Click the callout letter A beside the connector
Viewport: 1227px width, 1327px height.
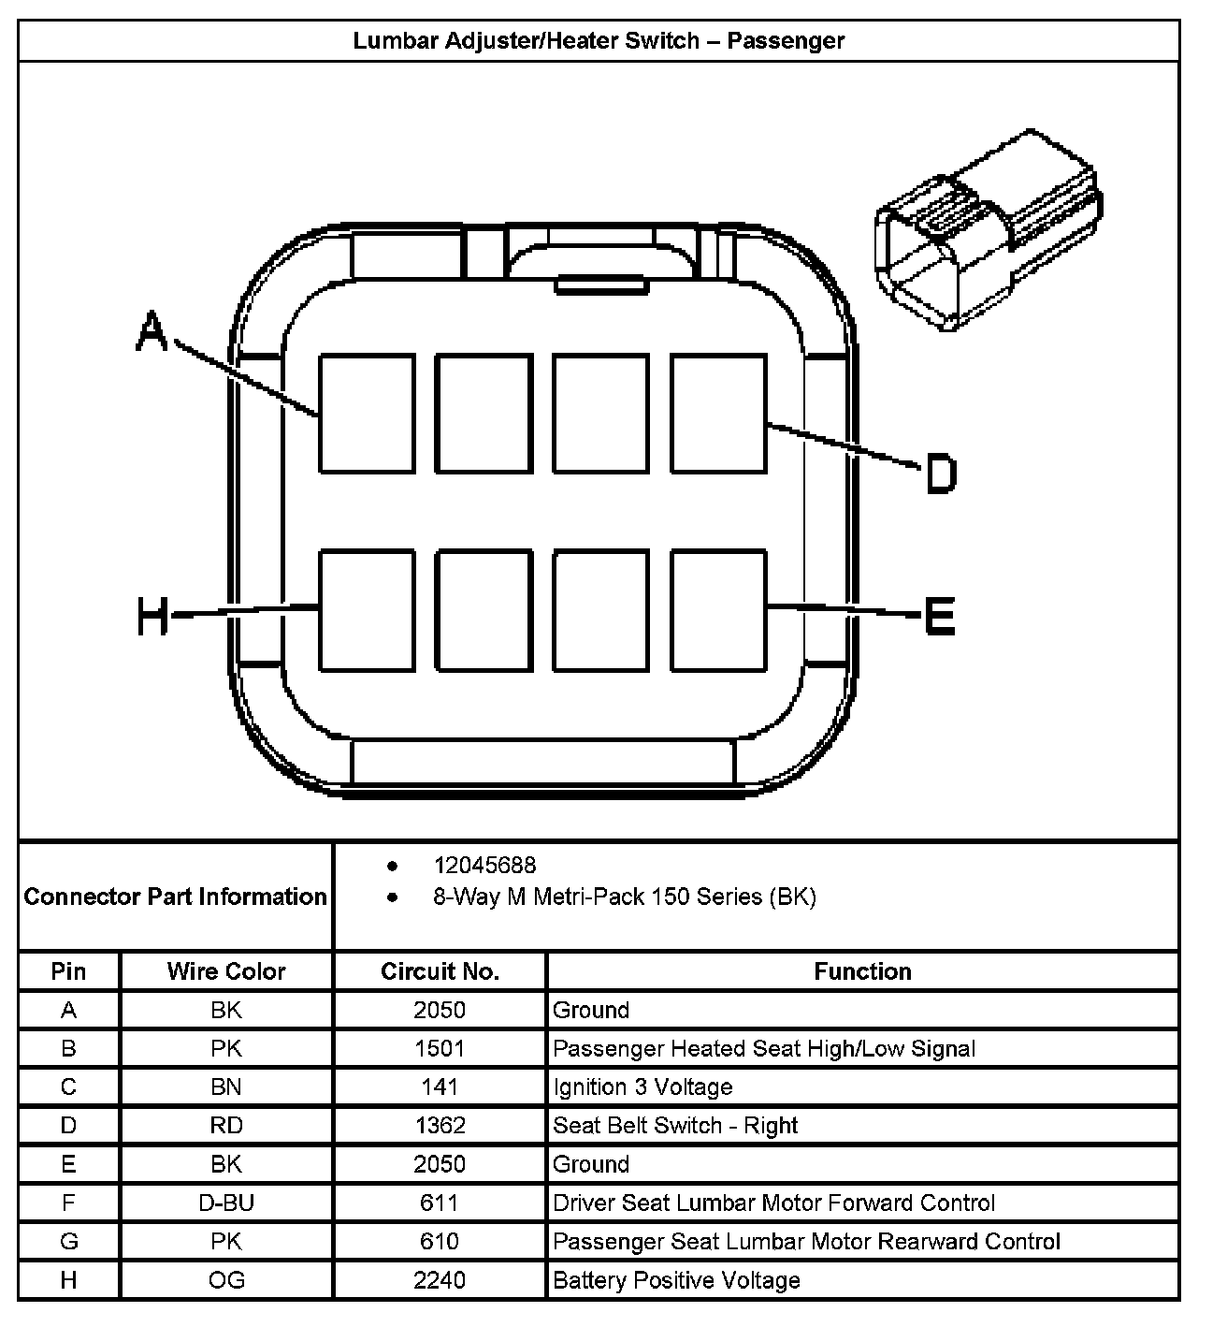coord(152,332)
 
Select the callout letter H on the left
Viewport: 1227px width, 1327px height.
coord(152,617)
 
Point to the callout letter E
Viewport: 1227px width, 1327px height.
coord(938,617)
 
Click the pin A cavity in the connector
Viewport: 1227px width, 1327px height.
coord(367,413)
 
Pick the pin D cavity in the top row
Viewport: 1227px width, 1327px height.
coord(718,413)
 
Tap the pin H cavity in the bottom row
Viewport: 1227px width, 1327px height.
coord(367,610)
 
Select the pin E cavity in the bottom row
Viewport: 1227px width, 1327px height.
coord(718,610)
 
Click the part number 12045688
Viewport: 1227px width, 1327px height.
coord(484,866)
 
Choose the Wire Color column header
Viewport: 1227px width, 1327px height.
coord(226,971)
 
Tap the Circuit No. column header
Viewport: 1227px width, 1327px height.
coord(440,971)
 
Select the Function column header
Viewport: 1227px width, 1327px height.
coord(862,971)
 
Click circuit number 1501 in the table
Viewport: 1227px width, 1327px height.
coord(440,1049)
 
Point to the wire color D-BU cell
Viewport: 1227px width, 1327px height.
coord(226,1203)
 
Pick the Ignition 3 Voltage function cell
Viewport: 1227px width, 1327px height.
coord(642,1087)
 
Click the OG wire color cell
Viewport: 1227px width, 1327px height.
coord(226,1280)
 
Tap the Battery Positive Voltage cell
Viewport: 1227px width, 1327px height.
coord(676,1280)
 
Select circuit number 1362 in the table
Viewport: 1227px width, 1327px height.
coord(440,1126)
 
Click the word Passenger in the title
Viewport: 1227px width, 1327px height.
coord(786,41)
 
